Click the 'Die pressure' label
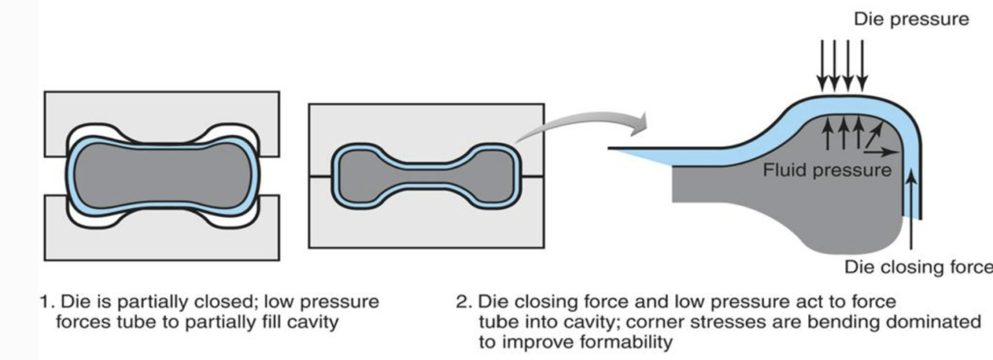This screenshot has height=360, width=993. [912, 19]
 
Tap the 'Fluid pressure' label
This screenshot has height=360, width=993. [827, 171]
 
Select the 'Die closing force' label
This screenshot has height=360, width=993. [918, 267]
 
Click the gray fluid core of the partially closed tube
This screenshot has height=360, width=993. [162, 175]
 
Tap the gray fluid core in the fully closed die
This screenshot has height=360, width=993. [426, 175]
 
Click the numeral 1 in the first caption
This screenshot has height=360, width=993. [44, 302]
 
